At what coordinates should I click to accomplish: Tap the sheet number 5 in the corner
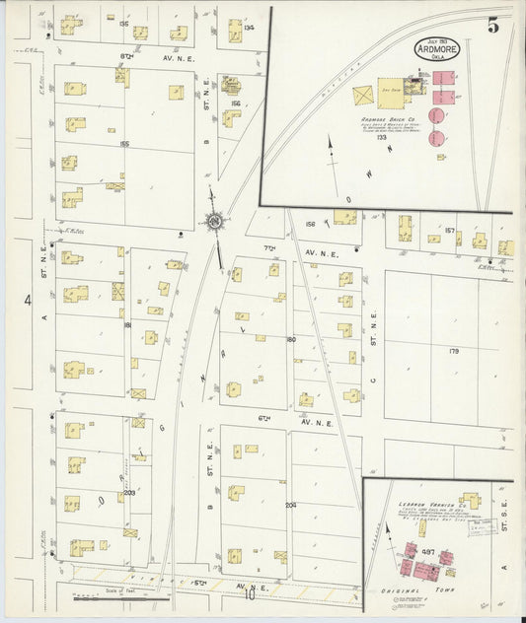click(x=492, y=27)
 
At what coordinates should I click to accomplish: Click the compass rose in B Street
click(x=213, y=222)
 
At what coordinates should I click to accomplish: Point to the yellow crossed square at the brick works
click(x=363, y=96)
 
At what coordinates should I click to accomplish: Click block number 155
click(x=124, y=144)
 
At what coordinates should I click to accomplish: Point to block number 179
click(x=454, y=350)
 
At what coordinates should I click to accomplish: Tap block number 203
click(x=129, y=493)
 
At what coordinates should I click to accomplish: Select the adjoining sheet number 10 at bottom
click(x=251, y=594)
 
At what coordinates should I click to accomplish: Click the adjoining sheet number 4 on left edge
click(x=29, y=300)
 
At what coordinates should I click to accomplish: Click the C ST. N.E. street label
click(x=373, y=324)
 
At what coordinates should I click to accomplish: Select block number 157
click(x=450, y=231)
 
